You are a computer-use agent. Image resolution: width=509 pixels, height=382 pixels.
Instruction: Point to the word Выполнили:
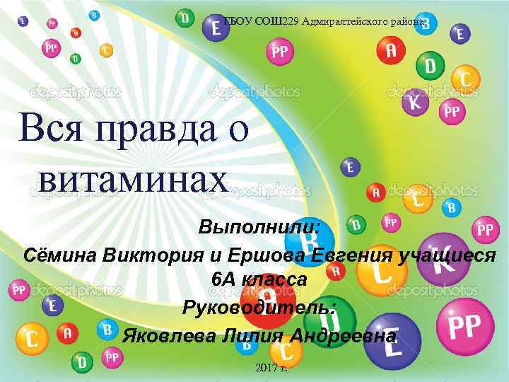[259, 228]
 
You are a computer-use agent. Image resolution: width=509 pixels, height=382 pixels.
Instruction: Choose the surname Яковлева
[167, 335]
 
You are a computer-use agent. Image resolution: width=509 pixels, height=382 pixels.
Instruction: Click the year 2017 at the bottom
[265, 368]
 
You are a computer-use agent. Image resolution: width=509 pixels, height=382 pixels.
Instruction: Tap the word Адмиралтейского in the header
[347, 21]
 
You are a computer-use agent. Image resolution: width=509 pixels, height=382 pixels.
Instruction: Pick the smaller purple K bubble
[416, 103]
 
